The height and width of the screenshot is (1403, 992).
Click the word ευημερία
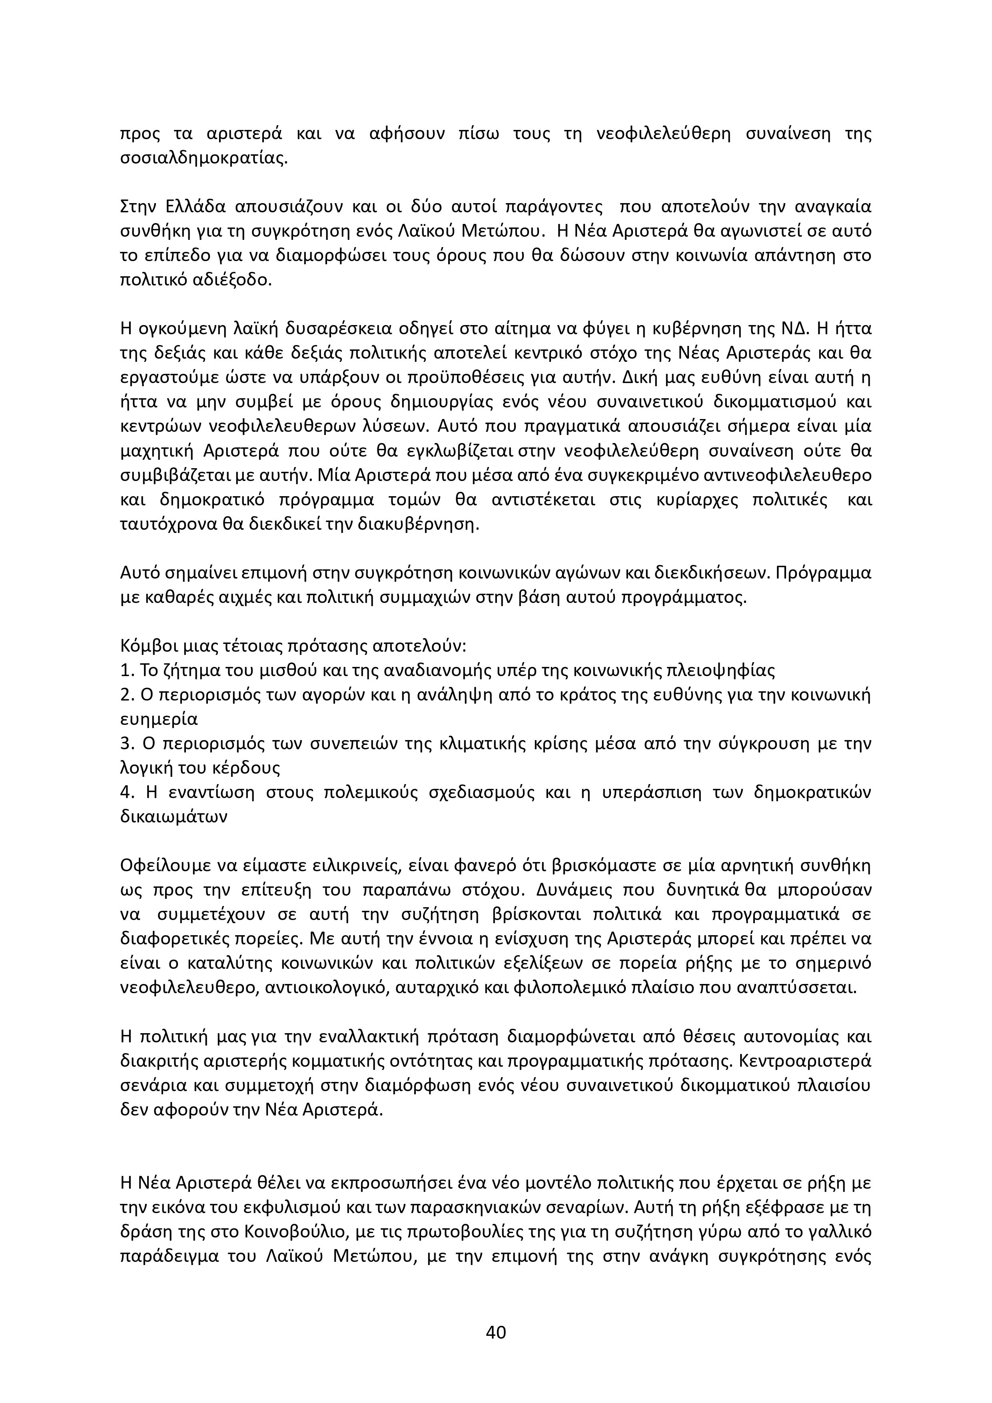pyautogui.click(x=159, y=719)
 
